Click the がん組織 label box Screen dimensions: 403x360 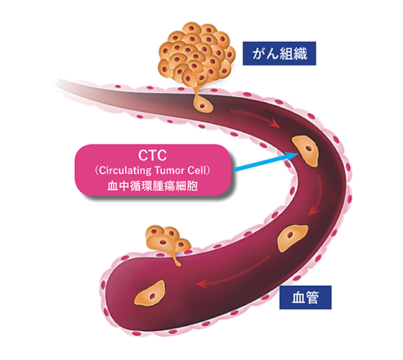click(x=279, y=53)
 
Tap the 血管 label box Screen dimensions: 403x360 click(x=305, y=297)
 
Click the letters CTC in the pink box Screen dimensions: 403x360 click(x=153, y=156)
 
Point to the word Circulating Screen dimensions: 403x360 click(x=125, y=171)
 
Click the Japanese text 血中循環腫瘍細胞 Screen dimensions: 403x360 click(x=153, y=186)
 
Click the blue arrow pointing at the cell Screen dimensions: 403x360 click(x=266, y=161)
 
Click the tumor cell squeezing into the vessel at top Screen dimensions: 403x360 click(x=202, y=103)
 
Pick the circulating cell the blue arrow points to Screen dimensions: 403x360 click(x=305, y=150)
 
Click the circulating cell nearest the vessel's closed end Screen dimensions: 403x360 click(x=150, y=294)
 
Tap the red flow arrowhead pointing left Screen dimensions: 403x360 click(x=201, y=284)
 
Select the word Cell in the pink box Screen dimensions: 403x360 click(x=197, y=171)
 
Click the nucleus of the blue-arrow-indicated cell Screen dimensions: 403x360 click(x=308, y=149)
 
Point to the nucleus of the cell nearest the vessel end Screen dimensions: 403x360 click(x=153, y=297)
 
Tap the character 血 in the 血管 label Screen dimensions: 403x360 click(x=298, y=297)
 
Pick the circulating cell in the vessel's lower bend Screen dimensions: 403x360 click(x=291, y=238)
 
